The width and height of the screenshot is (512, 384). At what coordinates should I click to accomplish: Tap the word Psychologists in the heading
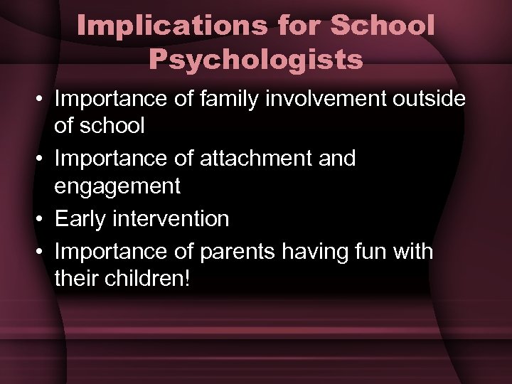256,60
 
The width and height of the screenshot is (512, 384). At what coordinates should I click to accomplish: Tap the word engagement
117,186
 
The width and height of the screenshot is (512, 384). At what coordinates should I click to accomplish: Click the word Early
80,219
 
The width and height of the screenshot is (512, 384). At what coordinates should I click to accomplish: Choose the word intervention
171,219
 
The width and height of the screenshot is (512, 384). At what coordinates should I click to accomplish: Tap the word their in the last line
75,277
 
